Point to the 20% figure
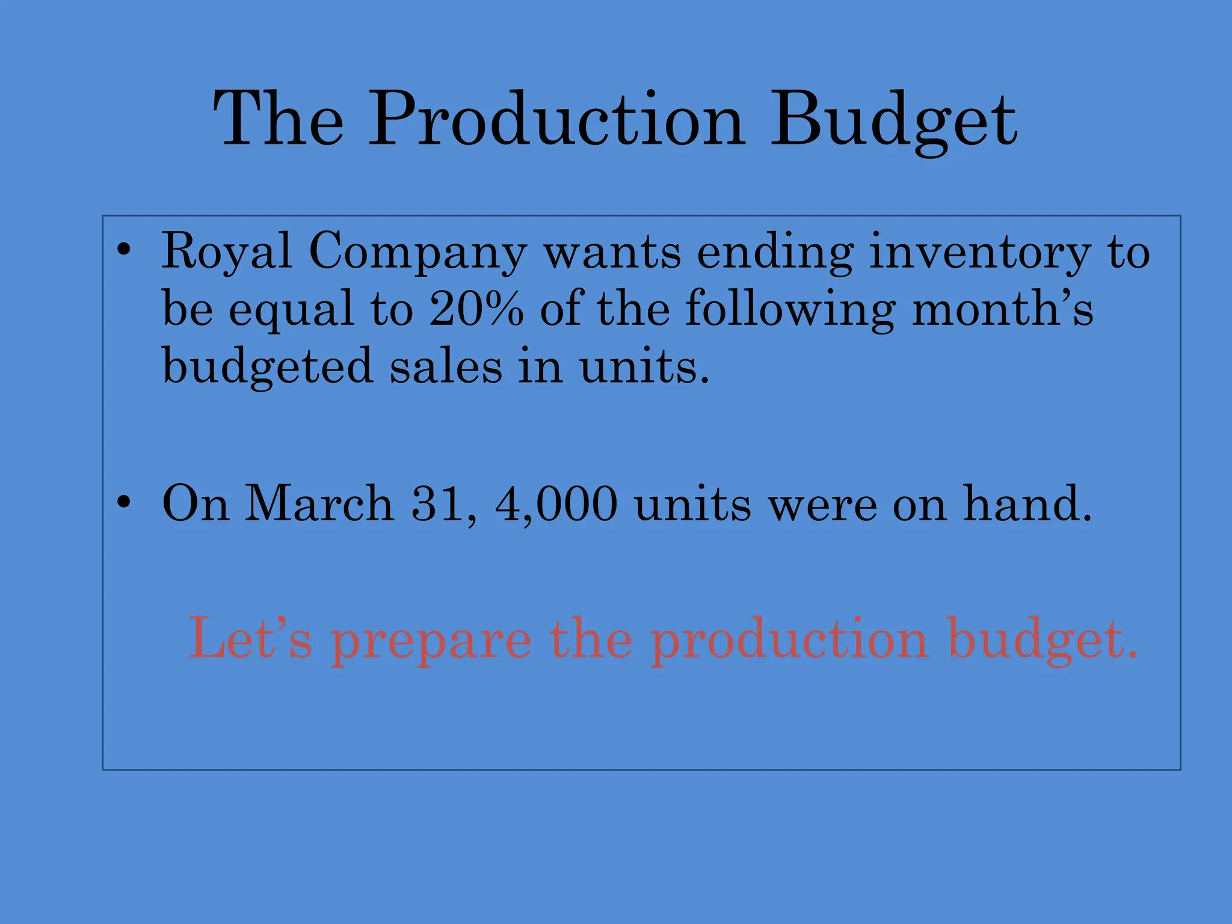tap(476, 308)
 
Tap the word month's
tap(1002, 308)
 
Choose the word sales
tap(446, 366)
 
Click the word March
tap(319, 504)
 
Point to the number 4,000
tap(556, 504)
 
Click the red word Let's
tap(250, 638)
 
